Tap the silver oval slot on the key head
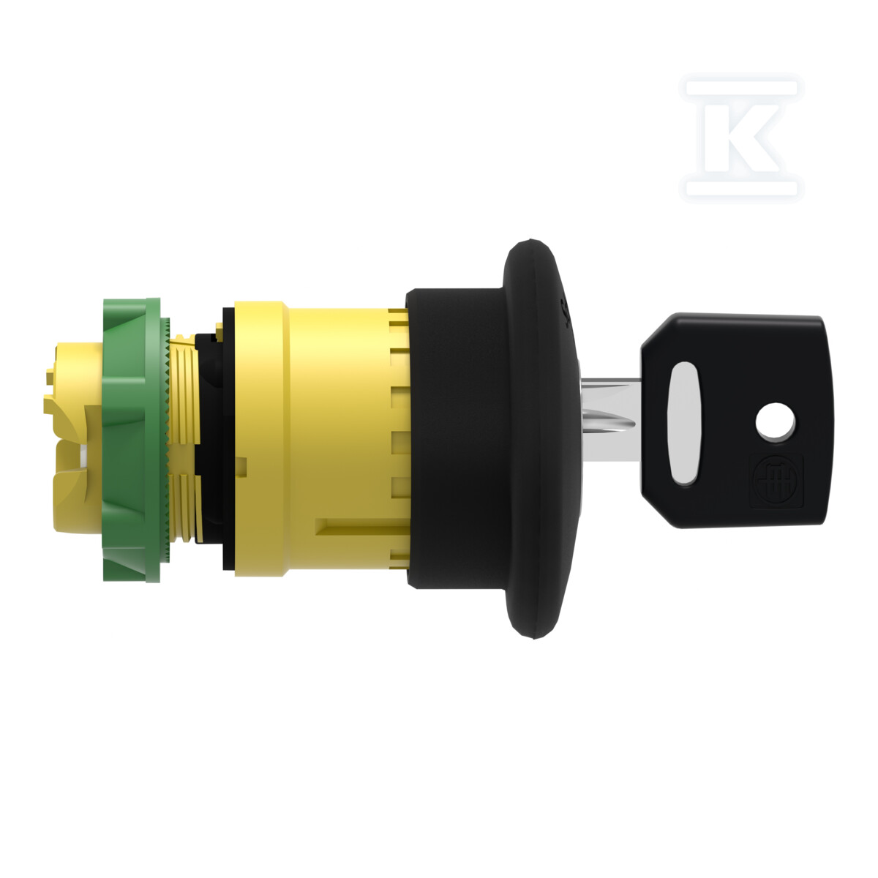(x=683, y=423)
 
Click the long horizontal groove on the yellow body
(x=359, y=526)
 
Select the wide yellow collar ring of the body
(x=260, y=439)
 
